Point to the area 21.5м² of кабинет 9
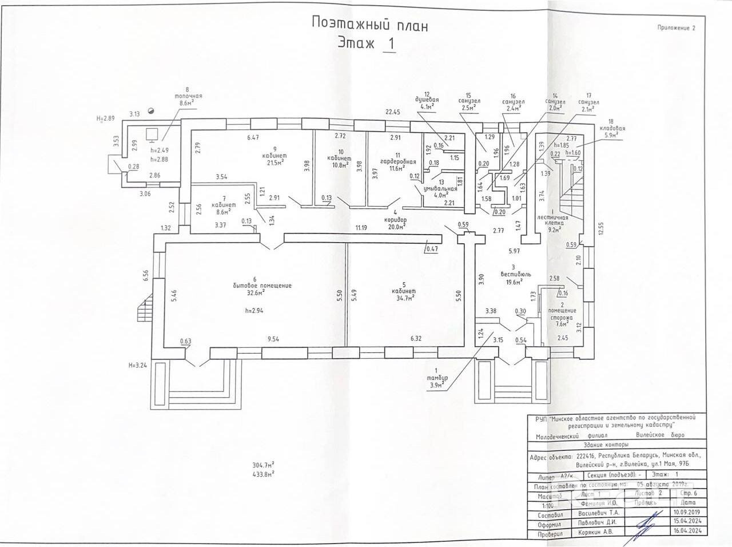click(276, 163)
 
